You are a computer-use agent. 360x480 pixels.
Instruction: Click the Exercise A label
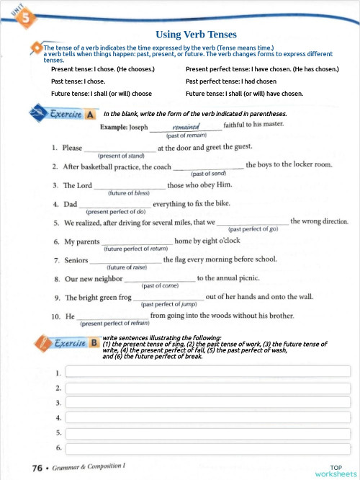72,114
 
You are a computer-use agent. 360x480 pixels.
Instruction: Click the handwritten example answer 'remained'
186,125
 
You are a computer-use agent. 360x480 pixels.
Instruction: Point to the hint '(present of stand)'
120,155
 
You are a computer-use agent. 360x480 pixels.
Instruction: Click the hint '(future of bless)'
128,193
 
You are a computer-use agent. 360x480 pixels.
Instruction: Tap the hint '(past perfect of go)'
253,229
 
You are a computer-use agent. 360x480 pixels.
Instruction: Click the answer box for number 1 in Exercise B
207,372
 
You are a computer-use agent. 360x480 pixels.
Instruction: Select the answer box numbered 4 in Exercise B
207,417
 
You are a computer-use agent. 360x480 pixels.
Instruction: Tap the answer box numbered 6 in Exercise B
207,448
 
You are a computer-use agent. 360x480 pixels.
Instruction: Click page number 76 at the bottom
38,468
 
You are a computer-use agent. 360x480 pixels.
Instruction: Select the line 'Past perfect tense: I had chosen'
230,81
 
